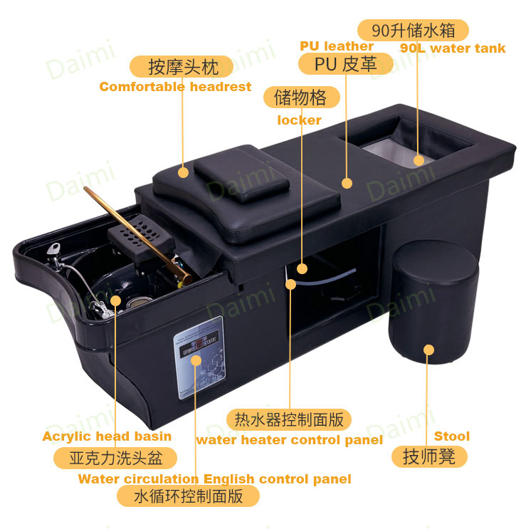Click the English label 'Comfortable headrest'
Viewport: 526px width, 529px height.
pos(175,87)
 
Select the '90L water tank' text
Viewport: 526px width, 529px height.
pos(453,48)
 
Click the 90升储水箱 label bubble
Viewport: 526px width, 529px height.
pos(413,30)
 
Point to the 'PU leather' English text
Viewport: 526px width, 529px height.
pos(337,46)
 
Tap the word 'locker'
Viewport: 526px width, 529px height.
pos(299,120)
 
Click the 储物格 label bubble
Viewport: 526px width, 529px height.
pos(302,97)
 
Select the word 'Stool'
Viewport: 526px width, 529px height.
pos(452,436)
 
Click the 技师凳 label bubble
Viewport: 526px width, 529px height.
pos(429,457)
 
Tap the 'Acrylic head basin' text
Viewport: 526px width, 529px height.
pos(107,436)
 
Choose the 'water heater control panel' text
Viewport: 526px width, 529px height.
pos(290,440)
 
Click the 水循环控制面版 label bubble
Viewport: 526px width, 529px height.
pos(188,496)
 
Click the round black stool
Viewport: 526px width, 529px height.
pos(433,302)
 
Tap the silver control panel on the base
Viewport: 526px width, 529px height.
pos(199,357)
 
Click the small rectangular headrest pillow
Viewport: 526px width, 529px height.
pos(241,174)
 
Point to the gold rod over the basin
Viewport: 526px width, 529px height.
pos(137,234)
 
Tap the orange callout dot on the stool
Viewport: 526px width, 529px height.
pos(428,350)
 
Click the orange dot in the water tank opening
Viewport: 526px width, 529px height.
pos(419,161)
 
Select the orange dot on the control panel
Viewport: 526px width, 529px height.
pos(196,360)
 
